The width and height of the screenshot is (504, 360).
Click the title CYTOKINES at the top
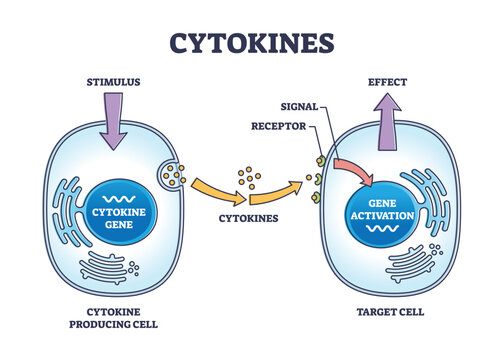click(251, 43)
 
